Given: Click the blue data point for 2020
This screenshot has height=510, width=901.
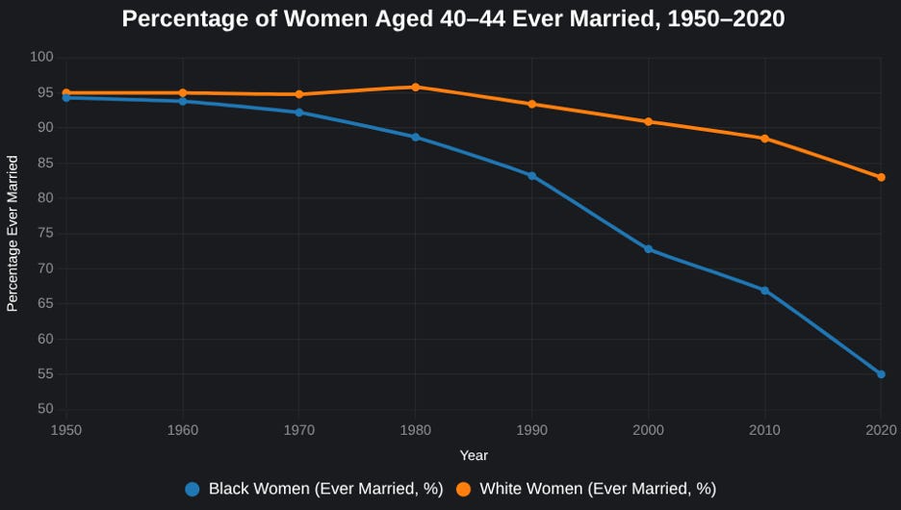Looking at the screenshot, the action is [881, 374].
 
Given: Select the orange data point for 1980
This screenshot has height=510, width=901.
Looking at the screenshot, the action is [416, 88].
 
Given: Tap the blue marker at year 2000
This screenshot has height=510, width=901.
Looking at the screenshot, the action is [648, 249].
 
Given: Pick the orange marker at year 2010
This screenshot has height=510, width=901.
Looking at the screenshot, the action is [765, 139].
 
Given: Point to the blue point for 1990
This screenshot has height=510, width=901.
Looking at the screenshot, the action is [532, 176].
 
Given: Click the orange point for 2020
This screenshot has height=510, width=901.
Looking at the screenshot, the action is [881, 177].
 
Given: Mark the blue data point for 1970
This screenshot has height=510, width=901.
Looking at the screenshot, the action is [298, 113].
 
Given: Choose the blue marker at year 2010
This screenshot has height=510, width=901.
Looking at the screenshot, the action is [765, 291].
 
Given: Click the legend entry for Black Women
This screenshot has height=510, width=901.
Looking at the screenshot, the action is [314, 489].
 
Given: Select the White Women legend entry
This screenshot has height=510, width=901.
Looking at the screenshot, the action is [585, 489].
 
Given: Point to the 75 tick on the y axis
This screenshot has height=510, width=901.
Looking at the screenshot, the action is [45, 233].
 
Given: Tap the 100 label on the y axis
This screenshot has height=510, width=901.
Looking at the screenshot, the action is [42, 57].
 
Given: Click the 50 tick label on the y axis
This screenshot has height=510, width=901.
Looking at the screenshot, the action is [45, 409].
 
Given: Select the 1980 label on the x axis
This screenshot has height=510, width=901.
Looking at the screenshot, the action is [416, 430].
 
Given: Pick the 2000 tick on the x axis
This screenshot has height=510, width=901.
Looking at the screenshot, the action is [648, 430].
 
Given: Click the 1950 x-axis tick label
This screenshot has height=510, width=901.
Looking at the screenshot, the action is [66, 430].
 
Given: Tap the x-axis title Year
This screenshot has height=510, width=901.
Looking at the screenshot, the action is [474, 455].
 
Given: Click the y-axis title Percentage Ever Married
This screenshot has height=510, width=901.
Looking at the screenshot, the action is [13, 233].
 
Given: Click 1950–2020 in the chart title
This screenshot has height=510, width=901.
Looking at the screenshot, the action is [726, 19].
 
